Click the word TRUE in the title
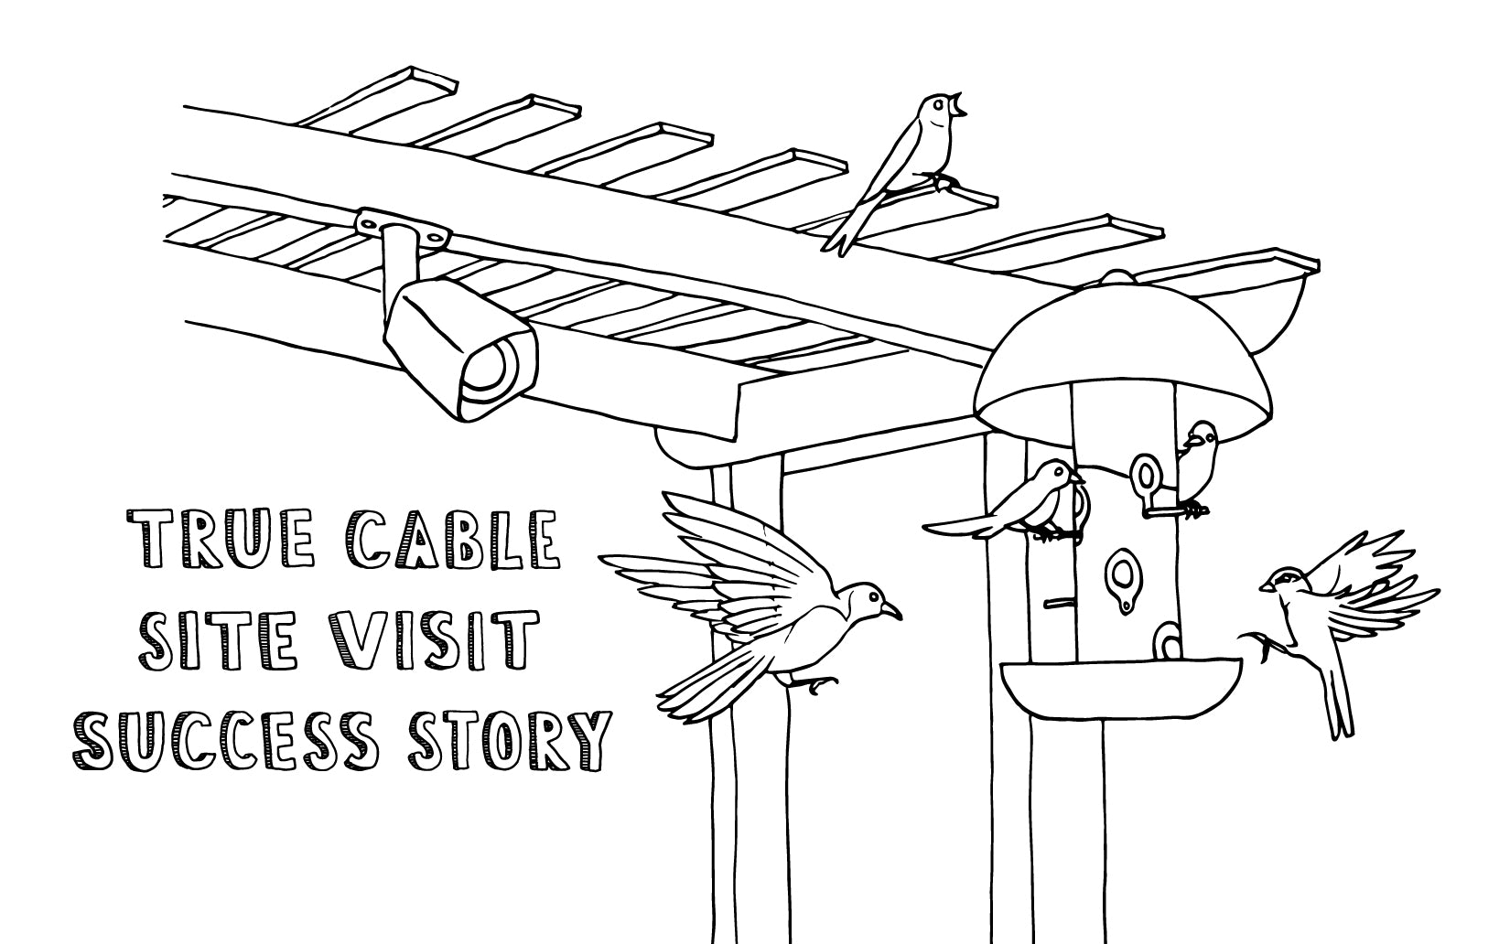[x=221, y=540]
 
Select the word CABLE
[x=453, y=540]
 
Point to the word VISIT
[x=433, y=641]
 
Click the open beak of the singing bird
[x=957, y=106]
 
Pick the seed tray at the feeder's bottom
[x=1120, y=688]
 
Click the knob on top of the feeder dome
[x=1116, y=277]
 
